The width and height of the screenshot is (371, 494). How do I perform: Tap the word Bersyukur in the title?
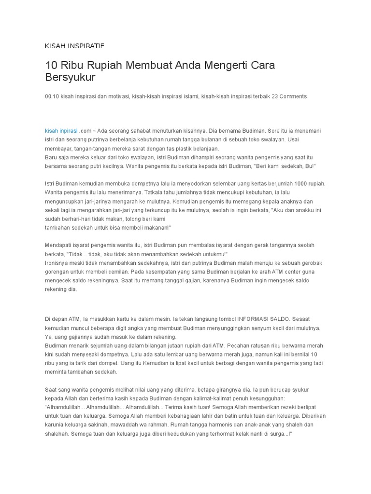(71, 77)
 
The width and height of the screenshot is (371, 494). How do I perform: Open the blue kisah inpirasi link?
(61, 131)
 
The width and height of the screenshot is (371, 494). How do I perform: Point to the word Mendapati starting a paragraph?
(60, 245)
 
